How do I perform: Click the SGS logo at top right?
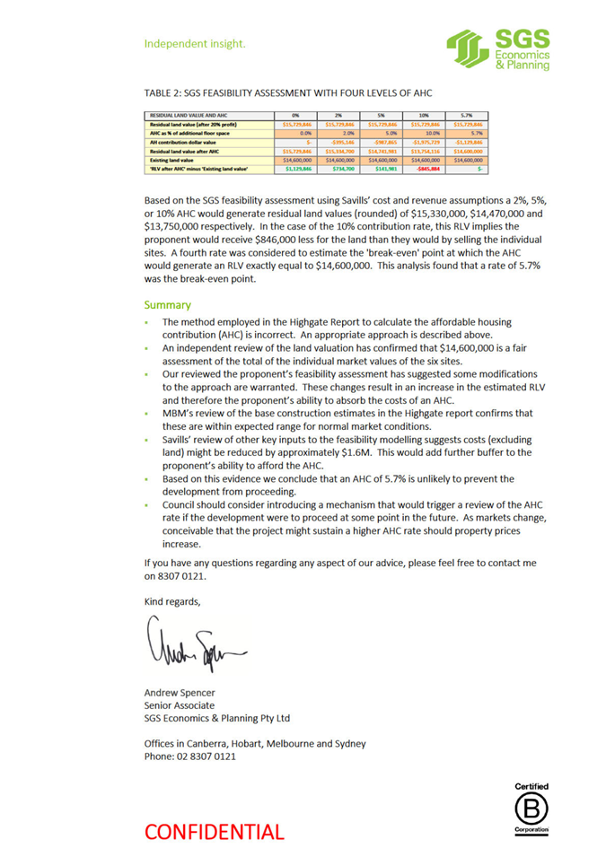point(498,49)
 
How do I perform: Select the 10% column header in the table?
point(423,115)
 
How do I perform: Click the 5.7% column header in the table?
point(467,115)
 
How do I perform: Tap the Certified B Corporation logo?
point(531,809)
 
